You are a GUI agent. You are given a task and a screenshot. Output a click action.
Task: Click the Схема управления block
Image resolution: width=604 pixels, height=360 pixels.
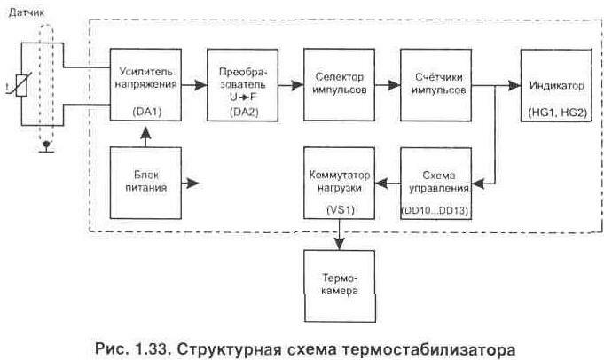[433, 184]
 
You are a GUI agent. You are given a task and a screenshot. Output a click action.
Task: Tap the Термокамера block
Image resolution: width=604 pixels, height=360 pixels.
[335, 276]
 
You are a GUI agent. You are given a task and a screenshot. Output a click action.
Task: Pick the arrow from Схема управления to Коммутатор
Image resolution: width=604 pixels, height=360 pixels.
[385, 184]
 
